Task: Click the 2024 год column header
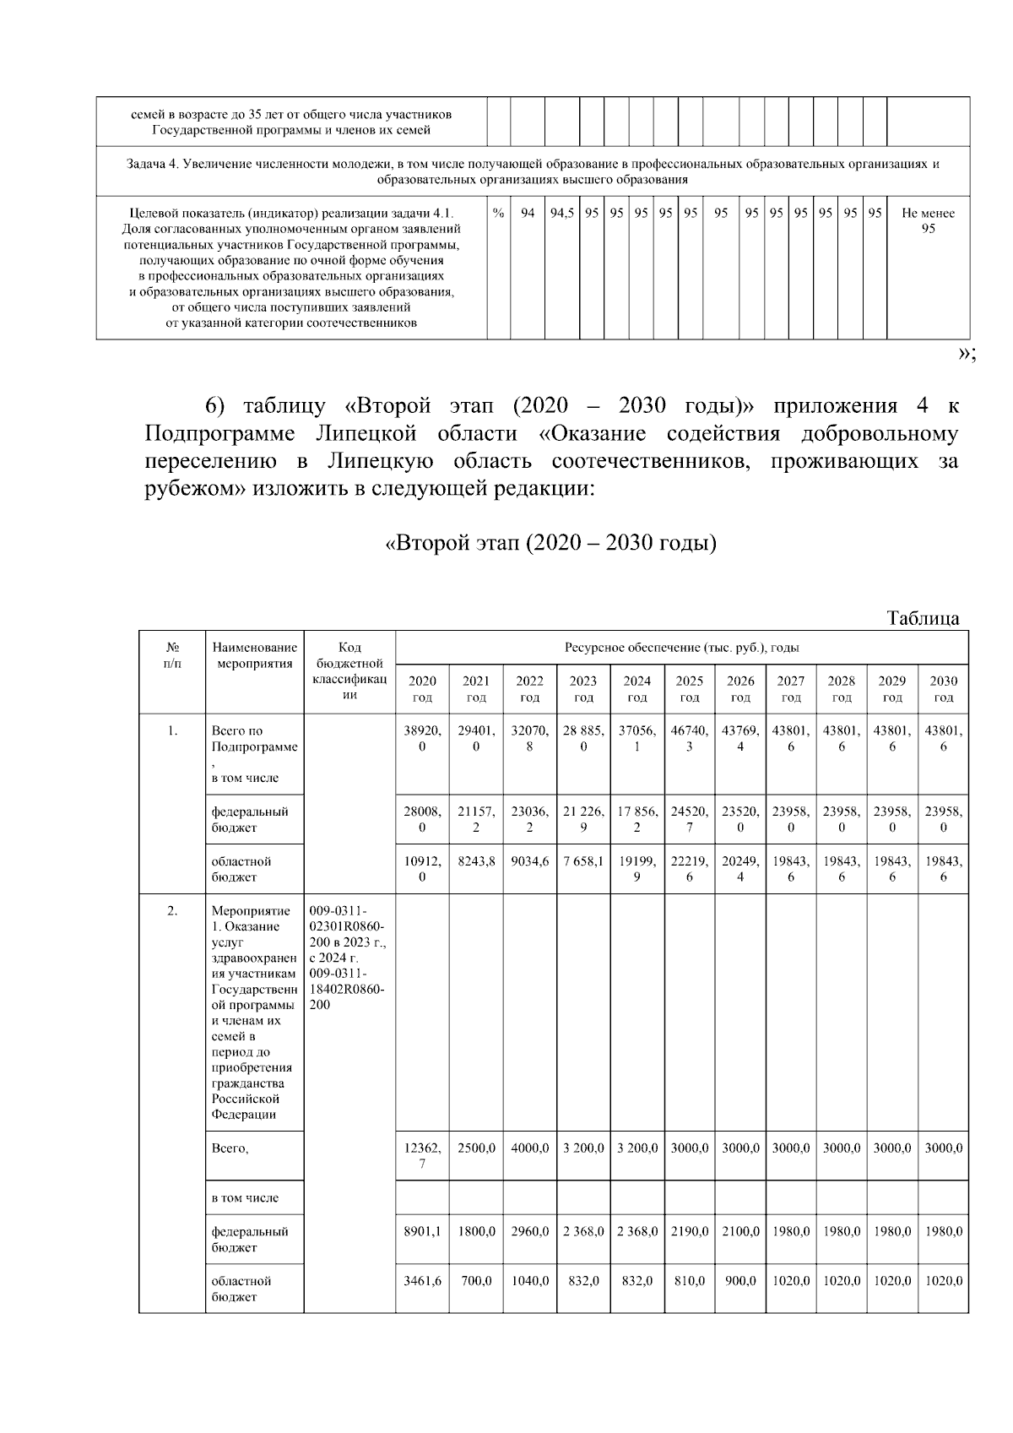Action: (637, 688)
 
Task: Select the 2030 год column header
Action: (943, 688)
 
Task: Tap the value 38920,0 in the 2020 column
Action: (422, 738)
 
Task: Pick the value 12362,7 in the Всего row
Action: (422, 1156)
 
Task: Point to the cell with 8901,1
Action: (422, 1231)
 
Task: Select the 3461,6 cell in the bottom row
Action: (422, 1280)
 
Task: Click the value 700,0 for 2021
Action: (476, 1280)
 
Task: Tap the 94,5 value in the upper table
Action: (561, 213)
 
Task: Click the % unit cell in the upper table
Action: (498, 213)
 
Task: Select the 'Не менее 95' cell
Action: (928, 220)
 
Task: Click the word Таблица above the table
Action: (923, 618)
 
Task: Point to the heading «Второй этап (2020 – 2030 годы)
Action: (550, 542)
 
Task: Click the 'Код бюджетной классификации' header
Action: (349, 671)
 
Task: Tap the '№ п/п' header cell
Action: (172, 655)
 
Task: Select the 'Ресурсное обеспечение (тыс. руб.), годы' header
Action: (681, 648)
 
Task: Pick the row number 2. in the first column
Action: (172, 910)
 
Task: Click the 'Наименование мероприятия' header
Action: (254, 655)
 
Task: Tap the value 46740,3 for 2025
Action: (690, 738)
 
